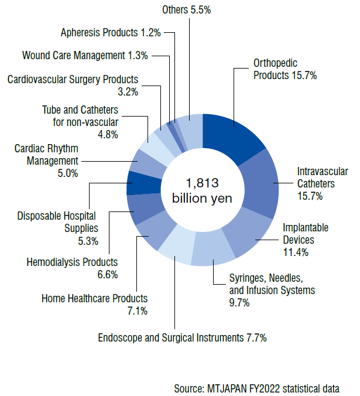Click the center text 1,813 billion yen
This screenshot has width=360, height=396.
[202, 190]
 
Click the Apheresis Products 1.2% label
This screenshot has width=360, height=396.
[111, 33]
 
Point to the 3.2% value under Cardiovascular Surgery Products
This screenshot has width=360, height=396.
[128, 91]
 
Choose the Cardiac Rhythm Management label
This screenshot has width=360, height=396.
[46, 155]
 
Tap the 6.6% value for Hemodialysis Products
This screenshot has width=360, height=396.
[108, 274]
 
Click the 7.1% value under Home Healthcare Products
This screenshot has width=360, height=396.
[137, 310]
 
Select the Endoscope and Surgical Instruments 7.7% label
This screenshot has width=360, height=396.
[183, 338]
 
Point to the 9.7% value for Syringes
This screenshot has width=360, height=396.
[239, 302]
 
